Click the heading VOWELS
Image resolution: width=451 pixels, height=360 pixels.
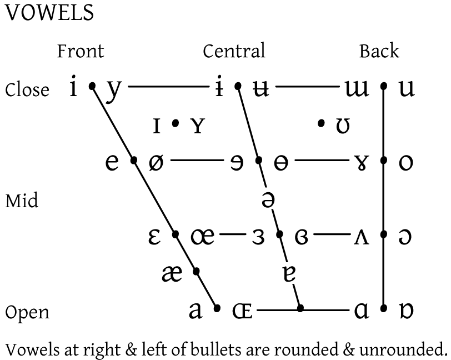click(49, 13)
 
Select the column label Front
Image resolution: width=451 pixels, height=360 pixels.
click(81, 51)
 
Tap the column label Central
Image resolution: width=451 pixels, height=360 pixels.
click(234, 51)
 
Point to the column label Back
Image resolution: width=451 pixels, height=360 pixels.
click(379, 51)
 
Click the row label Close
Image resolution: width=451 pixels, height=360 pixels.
click(27, 89)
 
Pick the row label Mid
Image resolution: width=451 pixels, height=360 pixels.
click(22, 201)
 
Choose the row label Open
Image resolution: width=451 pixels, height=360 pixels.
click(27, 313)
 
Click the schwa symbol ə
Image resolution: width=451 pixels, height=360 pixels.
click(268, 199)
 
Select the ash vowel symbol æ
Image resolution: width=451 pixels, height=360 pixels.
click(172, 274)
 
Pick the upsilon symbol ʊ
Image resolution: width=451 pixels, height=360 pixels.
click(343, 126)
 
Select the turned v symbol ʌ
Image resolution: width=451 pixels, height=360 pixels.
click(361, 237)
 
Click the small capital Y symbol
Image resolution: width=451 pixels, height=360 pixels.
click(198, 126)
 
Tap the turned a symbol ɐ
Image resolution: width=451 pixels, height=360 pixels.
click(289, 274)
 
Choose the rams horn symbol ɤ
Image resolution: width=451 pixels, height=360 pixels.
click(361, 163)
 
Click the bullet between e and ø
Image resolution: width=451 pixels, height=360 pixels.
click(133, 160)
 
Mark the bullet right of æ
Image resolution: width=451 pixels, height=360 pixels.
click(196, 271)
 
